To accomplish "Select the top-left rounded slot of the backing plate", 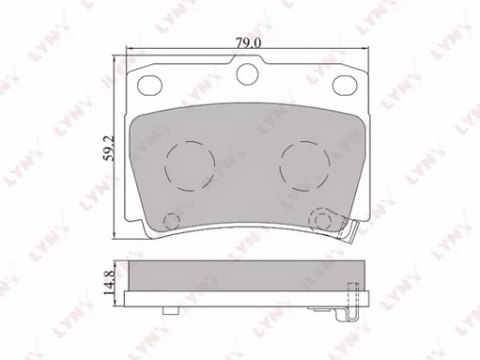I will [152, 86].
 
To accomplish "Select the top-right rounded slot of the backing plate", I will [345, 86].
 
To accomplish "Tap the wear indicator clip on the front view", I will [353, 231].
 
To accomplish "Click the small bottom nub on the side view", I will [170, 310].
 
